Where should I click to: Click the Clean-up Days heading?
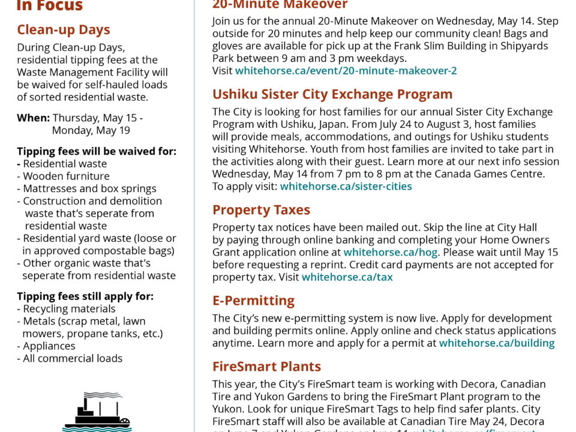63,29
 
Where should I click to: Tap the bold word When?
33,118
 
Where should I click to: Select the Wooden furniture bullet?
66,176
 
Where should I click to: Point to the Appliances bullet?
49,346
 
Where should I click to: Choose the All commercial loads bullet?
72,358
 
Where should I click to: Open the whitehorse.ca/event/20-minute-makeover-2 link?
346,70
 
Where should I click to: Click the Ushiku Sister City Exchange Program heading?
332,94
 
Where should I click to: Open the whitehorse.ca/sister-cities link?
346,186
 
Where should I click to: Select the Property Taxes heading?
261,210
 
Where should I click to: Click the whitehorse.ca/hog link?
390,252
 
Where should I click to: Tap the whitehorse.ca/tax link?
347,277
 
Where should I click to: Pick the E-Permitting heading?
253,301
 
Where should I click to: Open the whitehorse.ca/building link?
496,343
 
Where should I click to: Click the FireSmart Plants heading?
266,367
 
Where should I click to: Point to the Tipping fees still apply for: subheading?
85,296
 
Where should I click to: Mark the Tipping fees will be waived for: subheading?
97,151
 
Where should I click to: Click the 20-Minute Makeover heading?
280,5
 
